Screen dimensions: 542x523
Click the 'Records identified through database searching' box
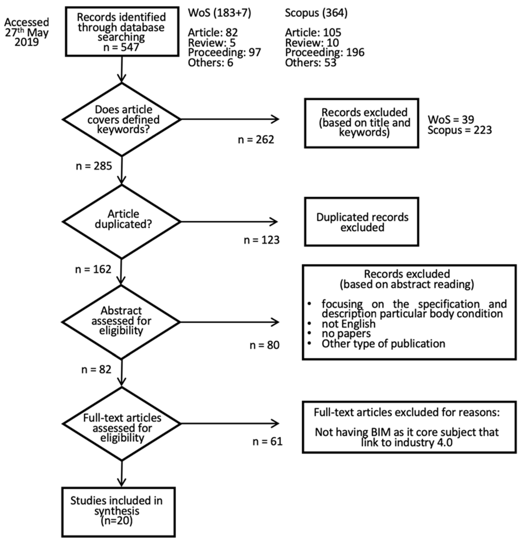(122, 32)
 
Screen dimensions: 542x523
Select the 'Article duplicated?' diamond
(122, 221)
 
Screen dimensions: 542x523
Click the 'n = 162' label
(93, 269)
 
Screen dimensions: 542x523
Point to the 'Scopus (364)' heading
(316, 13)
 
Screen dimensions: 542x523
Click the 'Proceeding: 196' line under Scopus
(325, 52)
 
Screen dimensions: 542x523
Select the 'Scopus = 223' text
(460, 130)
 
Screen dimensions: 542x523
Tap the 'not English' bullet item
(349, 324)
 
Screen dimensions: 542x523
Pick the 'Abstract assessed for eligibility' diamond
(121, 322)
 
